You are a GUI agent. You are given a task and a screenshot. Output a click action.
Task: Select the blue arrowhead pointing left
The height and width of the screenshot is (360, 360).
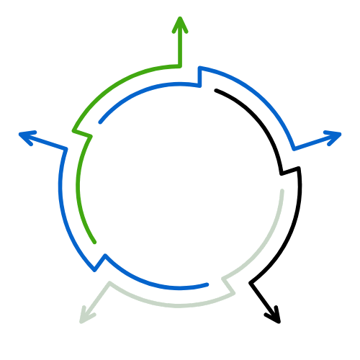click(24, 135)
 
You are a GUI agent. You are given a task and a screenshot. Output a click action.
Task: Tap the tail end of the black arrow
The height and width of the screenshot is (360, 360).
click(216, 91)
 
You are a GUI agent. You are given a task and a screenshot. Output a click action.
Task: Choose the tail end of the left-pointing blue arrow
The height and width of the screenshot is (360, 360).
click(209, 285)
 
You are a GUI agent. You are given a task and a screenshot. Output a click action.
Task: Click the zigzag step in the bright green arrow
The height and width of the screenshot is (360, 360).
click(81, 134)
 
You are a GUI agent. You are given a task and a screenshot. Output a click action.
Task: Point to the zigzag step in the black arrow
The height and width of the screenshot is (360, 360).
click(289, 171)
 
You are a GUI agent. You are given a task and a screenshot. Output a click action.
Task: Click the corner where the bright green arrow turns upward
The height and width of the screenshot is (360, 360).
click(179, 66)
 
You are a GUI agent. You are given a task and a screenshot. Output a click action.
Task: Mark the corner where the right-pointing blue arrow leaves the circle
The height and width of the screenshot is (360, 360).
click(293, 149)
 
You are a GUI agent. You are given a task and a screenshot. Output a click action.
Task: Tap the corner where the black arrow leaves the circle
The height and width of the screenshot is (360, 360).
click(250, 282)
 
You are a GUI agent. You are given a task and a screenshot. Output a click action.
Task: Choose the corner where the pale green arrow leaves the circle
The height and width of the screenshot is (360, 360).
click(109, 283)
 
